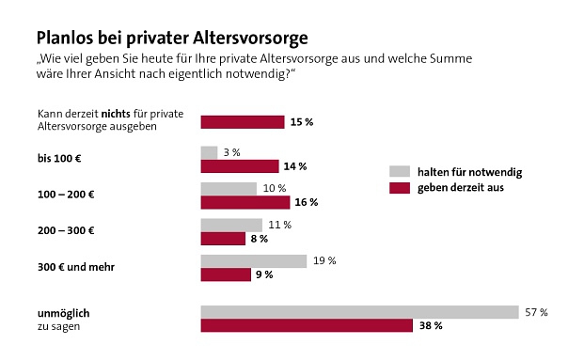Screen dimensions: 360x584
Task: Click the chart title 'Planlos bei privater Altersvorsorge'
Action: (172, 39)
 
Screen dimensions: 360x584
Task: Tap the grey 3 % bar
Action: (209, 152)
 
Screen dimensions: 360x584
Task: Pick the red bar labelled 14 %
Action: (240, 166)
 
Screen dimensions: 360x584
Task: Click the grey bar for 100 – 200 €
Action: (229, 189)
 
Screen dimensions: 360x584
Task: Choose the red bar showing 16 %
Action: (245, 202)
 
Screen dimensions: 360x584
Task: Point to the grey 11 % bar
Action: (231, 226)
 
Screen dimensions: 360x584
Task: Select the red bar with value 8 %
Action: (222, 239)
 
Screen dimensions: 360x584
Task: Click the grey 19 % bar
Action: (254, 261)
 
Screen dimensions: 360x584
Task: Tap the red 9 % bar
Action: (226, 274)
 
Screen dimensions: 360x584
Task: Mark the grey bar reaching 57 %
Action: (360, 312)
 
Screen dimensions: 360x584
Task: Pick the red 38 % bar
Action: (307, 326)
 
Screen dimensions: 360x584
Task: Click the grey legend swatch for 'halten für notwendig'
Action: (400, 171)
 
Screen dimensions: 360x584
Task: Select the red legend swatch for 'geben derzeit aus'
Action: (400, 188)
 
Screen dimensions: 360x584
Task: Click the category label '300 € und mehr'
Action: (76, 267)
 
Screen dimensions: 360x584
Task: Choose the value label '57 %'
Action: (537, 312)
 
